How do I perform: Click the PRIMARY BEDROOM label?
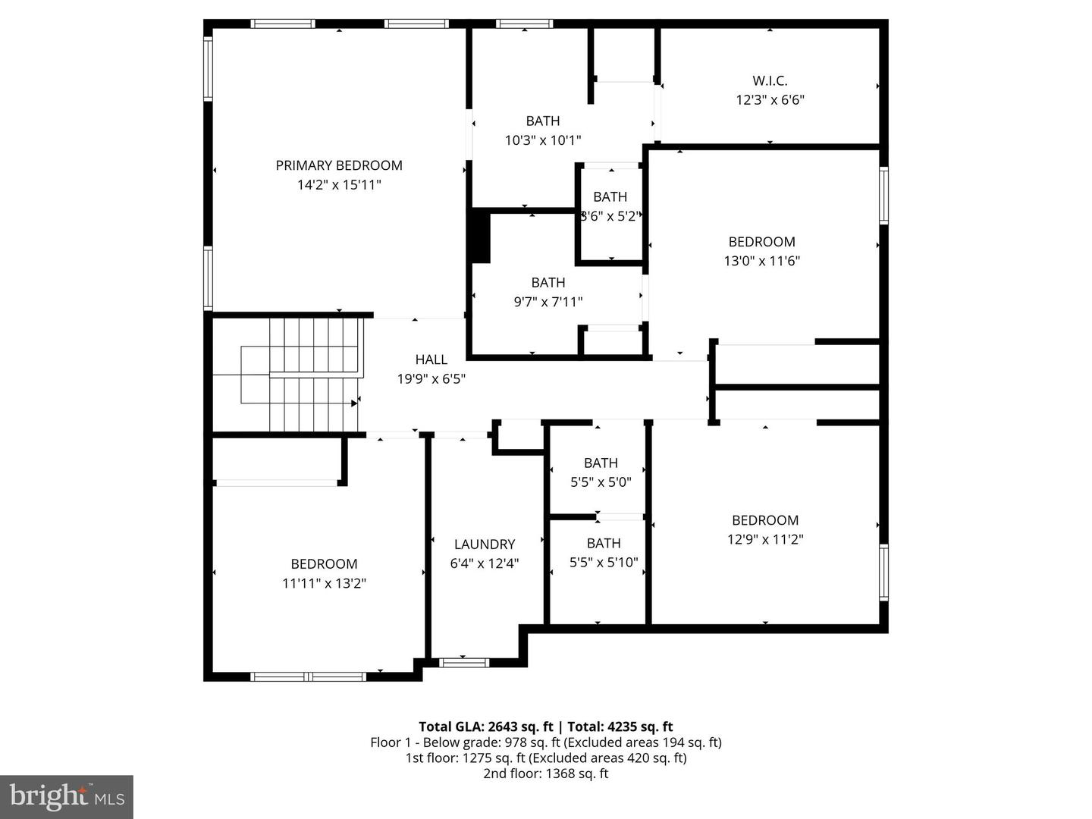pyautogui.click(x=338, y=165)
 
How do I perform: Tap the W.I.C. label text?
pyautogui.click(x=770, y=80)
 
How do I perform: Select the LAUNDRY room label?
pyautogui.click(x=485, y=544)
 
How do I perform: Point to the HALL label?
pyautogui.click(x=431, y=359)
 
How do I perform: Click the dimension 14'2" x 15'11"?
pyautogui.click(x=338, y=185)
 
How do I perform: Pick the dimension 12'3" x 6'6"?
pyautogui.click(x=770, y=100)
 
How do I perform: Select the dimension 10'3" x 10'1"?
pyautogui.click(x=543, y=140)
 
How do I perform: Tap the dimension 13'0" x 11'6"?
pyautogui.click(x=761, y=262)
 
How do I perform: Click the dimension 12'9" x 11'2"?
pyautogui.click(x=765, y=540)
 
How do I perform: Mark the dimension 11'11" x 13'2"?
pyautogui.click(x=324, y=584)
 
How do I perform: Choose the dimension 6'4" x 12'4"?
pyautogui.click(x=485, y=564)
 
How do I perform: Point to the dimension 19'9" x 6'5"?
pyautogui.click(x=431, y=379)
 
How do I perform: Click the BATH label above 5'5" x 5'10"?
pyautogui.click(x=604, y=543)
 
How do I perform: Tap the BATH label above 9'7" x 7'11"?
pyautogui.click(x=548, y=282)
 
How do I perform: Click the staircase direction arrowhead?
pyautogui.click(x=354, y=404)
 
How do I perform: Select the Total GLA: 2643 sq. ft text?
pyautogui.click(x=486, y=726)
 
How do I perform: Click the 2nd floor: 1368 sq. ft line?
pyautogui.click(x=546, y=773)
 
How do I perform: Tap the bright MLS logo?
pyautogui.click(x=67, y=796)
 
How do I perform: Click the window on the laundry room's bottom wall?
pyautogui.click(x=465, y=663)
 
